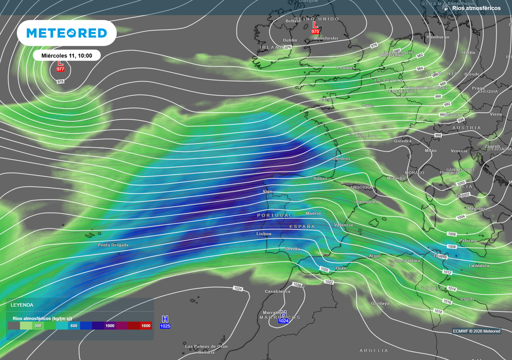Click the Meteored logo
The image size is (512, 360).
[x=66, y=33]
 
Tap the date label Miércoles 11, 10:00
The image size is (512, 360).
[x=66, y=55]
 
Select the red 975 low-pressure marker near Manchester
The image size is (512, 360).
[x=315, y=27]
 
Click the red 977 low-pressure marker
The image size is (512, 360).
[x=60, y=65]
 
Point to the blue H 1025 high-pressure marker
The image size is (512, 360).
[x=165, y=322]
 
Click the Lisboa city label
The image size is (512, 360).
[x=263, y=233]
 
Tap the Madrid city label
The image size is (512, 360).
[x=313, y=213]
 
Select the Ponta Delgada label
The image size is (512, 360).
[x=113, y=245]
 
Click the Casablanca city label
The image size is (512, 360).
[x=277, y=291]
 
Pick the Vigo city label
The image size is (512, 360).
[x=267, y=191]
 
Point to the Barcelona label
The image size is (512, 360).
[x=366, y=201]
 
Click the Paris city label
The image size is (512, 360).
[x=368, y=105]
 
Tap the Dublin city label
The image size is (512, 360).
[x=290, y=40]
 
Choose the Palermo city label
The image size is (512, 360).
[x=468, y=240]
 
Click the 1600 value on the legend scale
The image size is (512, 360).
[x=145, y=326]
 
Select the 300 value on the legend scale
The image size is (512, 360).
[x=38, y=326]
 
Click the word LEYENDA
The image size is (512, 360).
[x=22, y=304]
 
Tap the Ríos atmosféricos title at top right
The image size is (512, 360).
[x=476, y=8]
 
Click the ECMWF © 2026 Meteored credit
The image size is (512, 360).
[x=476, y=331]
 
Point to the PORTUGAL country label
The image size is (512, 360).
[x=274, y=215]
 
